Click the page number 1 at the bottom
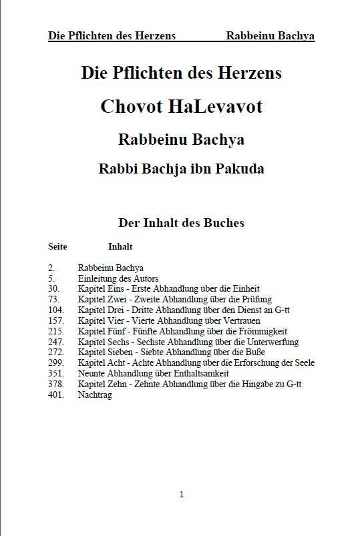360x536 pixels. point(181,495)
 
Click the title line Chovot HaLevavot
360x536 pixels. point(181,107)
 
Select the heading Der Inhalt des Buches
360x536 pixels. point(181,223)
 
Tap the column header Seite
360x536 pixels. point(57,246)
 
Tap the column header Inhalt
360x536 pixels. point(120,246)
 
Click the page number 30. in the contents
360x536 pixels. point(54,288)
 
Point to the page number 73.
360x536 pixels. point(54,299)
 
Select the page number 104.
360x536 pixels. point(56,310)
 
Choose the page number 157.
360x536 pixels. point(56,320)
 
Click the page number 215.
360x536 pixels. point(56,331)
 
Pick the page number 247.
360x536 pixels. point(56,342)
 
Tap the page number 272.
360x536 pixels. point(56,352)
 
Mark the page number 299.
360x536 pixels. point(56,363)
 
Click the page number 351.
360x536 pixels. point(56,374)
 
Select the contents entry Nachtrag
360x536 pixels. point(95,395)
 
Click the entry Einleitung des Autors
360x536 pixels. point(118,278)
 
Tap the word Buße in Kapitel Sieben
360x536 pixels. point(256,352)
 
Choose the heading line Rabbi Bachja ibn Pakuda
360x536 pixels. point(181,169)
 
